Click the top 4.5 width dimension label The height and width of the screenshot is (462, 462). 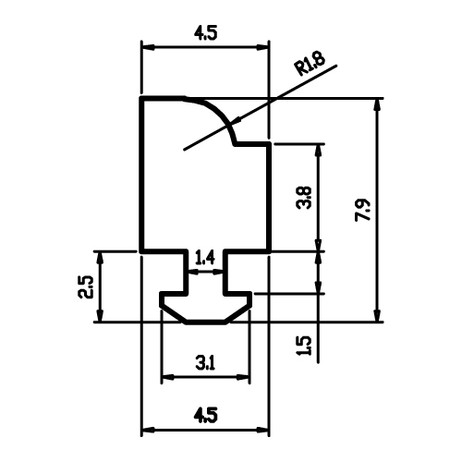[205, 33]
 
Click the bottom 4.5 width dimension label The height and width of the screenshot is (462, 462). [205, 415]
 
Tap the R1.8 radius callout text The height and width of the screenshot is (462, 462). [310, 64]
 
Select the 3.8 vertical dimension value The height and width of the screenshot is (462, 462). [304, 198]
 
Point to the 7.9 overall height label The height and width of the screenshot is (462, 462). [363, 211]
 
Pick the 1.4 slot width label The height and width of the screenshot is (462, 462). [205, 258]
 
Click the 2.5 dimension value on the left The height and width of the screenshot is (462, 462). [85, 286]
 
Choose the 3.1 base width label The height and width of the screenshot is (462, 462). [205, 362]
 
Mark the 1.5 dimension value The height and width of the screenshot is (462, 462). [304, 346]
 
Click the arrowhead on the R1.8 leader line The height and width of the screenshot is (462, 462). [237, 122]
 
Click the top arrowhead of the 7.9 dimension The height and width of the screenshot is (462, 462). [376, 105]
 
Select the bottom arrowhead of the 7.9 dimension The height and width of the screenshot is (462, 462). [376, 316]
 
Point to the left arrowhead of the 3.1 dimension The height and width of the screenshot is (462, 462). [168, 377]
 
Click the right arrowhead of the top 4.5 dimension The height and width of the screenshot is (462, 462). [263, 47]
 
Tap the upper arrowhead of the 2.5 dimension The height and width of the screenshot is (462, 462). [100, 258]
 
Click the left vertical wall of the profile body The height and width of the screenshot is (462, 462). [142, 175]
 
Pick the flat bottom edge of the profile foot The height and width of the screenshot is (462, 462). [205, 322]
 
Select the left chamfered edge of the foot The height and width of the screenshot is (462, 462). [173, 314]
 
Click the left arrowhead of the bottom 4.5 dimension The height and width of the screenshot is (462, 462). [148, 430]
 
